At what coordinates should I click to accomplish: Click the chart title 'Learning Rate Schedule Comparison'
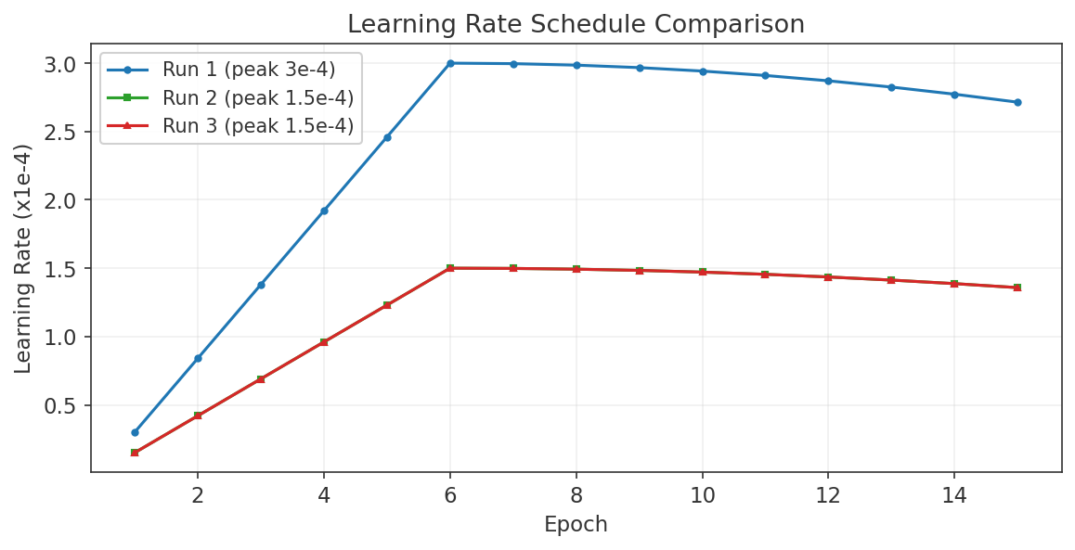pos(576,24)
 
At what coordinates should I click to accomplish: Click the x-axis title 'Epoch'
pos(576,525)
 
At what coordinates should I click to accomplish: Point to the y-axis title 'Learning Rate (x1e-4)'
pos(23,259)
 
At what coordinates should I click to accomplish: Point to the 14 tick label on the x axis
pos(954,495)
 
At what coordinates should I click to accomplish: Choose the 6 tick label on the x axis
pos(450,495)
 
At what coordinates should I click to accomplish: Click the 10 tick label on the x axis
pos(702,495)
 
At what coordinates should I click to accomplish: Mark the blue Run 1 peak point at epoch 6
pos(450,63)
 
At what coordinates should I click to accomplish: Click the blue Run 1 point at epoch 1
pos(135,432)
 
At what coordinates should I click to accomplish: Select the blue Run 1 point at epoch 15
pos(1017,102)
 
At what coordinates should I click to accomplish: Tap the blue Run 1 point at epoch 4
pos(324,211)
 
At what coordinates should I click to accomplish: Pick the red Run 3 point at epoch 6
pos(450,268)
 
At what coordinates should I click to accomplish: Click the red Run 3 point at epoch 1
pos(135,453)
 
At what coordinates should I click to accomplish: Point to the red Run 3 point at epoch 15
pos(1017,288)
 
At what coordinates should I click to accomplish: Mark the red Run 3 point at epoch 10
pos(702,272)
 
